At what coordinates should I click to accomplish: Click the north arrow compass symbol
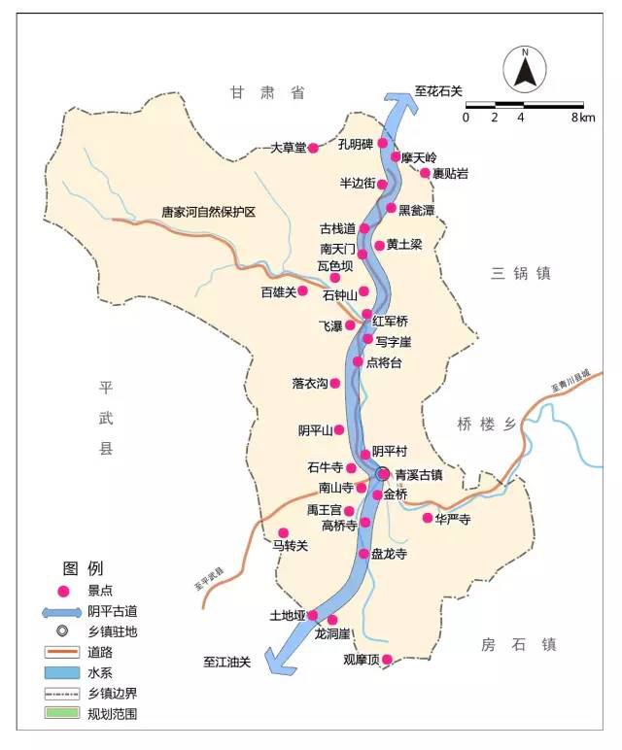tap(525, 70)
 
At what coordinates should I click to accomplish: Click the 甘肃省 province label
tap(267, 92)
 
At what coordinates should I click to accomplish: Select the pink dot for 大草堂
tap(313, 148)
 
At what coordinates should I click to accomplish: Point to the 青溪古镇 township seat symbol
tap(383, 473)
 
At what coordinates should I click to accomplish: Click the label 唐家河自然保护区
tap(208, 212)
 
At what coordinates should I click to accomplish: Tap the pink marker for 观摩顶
tap(387, 660)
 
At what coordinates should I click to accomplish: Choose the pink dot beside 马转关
tap(284, 532)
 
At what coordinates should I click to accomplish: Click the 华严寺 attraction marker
tap(427, 518)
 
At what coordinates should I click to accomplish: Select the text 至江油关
tap(226, 663)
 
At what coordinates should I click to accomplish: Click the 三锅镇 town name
tap(521, 274)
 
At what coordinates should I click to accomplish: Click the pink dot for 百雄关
tap(302, 290)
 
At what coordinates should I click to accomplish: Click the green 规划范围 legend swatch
tap(63, 713)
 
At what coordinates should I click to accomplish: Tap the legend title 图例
tap(83, 568)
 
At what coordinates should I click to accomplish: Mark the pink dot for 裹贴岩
tap(425, 173)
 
